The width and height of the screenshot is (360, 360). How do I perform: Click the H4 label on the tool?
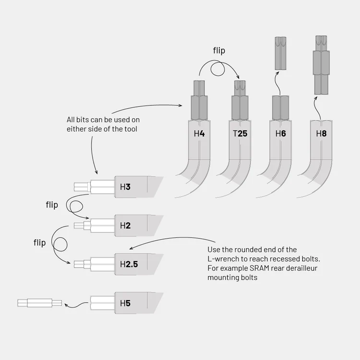(x=199, y=133)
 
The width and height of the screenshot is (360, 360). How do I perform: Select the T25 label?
(x=240, y=133)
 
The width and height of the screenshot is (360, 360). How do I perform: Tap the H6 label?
(x=280, y=133)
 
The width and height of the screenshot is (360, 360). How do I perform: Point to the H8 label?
(x=321, y=133)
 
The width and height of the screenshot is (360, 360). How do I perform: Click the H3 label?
(x=125, y=187)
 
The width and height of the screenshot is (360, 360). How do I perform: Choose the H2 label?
(x=125, y=225)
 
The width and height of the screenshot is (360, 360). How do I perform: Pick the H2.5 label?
(x=129, y=264)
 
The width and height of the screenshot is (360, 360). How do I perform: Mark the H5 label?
(x=125, y=303)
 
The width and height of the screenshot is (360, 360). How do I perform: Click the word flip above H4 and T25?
(x=219, y=51)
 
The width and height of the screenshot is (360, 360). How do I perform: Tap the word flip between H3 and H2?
(x=52, y=205)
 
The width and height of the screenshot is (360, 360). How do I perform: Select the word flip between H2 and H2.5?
(x=39, y=243)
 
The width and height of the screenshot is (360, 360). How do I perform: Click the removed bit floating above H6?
(x=280, y=53)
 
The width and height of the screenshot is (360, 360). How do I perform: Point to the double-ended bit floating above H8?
(x=321, y=65)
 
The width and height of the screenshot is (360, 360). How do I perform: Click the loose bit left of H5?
(x=39, y=303)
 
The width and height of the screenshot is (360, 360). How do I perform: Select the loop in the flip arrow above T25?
(x=218, y=69)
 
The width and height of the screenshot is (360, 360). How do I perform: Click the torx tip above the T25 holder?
(x=240, y=88)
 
